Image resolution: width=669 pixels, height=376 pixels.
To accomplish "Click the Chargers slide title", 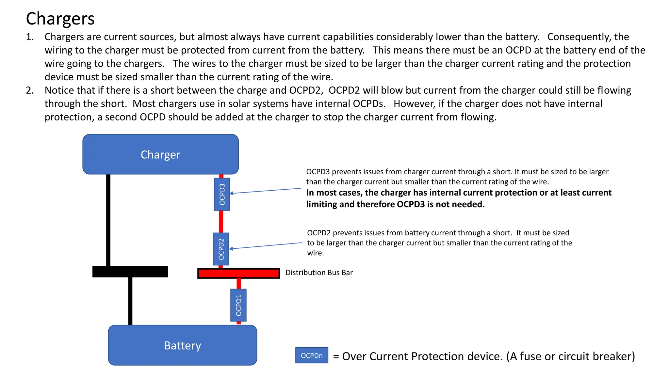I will (x=60, y=19).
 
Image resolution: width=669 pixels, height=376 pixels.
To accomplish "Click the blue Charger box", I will (x=160, y=154).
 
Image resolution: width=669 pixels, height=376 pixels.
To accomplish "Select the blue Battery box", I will (x=182, y=345).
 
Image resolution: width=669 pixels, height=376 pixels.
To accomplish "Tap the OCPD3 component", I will (x=222, y=194).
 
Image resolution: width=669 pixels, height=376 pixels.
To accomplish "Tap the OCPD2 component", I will (x=221, y=249).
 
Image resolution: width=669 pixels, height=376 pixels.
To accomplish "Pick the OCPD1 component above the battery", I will (x=238, y=305).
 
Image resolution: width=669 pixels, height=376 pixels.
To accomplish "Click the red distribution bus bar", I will (x=238, y=274).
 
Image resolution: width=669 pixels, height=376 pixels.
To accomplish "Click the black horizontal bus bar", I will (x=130, y=272).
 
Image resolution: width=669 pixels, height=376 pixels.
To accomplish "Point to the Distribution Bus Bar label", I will (x=319, y=273).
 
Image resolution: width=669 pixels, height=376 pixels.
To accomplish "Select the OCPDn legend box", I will (x=312, y=355).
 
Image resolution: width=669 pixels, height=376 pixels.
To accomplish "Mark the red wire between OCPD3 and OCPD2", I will (x=221, y=221).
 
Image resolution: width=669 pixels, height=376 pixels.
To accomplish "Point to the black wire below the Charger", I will (x=108, y=220).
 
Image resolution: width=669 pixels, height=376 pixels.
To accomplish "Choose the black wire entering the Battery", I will (x=130, y=300).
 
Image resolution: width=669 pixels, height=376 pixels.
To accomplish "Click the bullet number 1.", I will (x=30, y=37).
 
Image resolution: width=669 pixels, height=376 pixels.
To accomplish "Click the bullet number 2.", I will (x=30, y=90).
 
